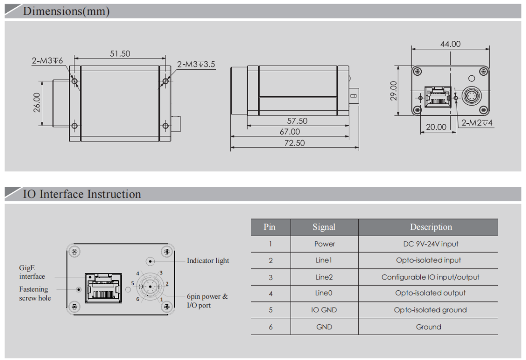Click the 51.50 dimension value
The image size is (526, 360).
pyautogui.click(x=120, y=54)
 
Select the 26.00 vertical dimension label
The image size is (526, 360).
pyautogui.click(x=37, y=102)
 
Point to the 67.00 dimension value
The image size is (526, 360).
pyautogui.click(x=290, y=132)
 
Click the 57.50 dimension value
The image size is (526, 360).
pyautogui.click(x=297, y=121)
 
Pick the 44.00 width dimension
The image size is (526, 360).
pyautogui.click(x=450, y=44)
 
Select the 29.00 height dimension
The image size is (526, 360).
pyautogui.click(x=394, y=91)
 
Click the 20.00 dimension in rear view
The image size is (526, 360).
pyautogui.click(x=436, y=127)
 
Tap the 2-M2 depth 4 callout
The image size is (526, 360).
pyautogui.click(x=477, y=122)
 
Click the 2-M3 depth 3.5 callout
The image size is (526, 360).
pyautogui.click(x=196, y=64)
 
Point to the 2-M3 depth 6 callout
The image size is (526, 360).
pyautogui.click(x=48, y=61)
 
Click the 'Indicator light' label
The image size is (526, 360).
pyautogui.click(x=208, y=261)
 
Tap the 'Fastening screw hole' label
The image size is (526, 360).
pyautogui.click(x=34, y=293)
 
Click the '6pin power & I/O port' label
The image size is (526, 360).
pyautogui.click(x=207, y=301)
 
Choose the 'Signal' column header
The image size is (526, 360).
pyautogui.click(x=324, y=227)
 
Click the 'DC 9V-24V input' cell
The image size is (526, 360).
pyautogui.click(x=430, y=244)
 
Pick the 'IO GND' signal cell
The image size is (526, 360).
pyautogui.click(x=324, y=310)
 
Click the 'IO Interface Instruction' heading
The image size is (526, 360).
pyautogui.click(x=82, y=194)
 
